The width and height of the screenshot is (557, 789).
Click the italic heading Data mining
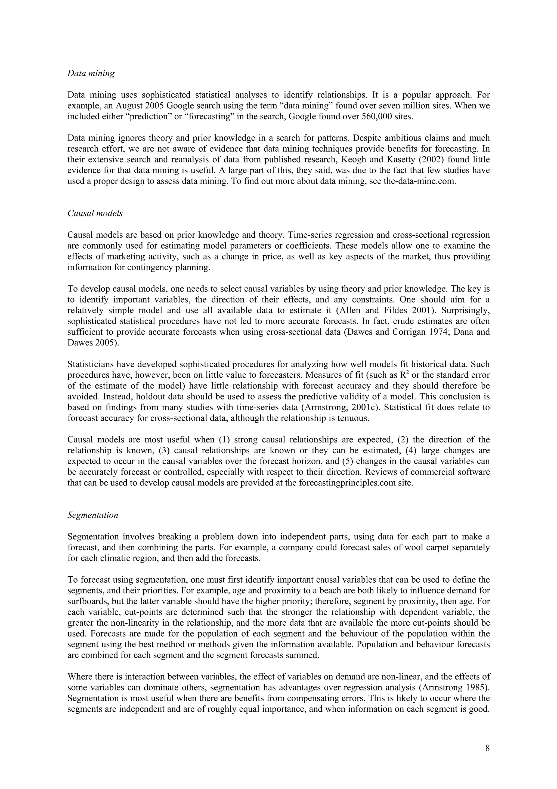[91, 74]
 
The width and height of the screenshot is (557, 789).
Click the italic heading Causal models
[95, 213]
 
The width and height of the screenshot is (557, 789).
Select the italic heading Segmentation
[93, 515]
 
